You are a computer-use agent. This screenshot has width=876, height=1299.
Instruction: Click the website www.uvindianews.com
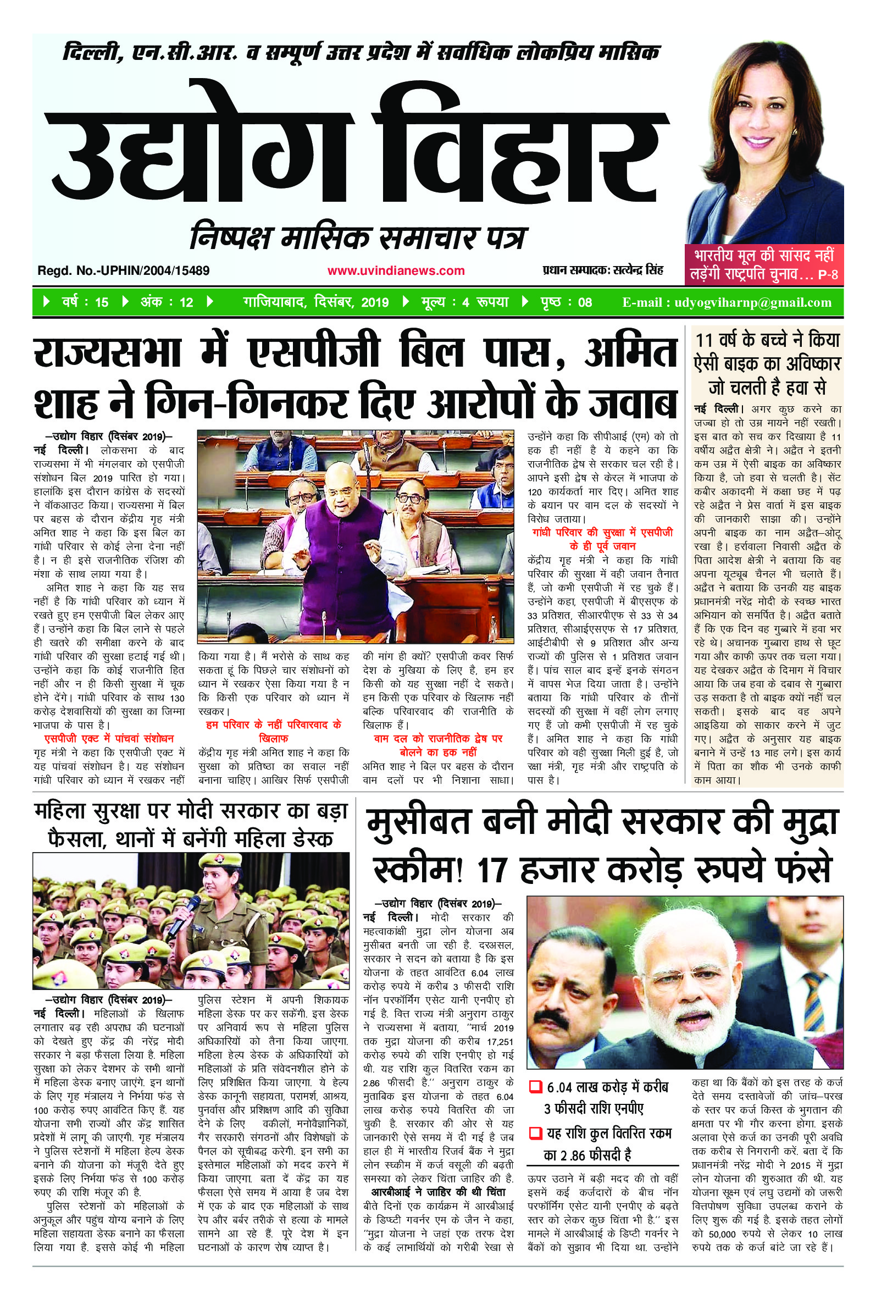396,271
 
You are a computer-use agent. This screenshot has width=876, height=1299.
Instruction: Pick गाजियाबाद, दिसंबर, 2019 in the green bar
315,302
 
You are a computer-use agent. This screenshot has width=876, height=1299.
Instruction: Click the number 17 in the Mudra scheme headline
492,870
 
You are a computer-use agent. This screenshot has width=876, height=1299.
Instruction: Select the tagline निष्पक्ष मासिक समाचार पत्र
358,237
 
